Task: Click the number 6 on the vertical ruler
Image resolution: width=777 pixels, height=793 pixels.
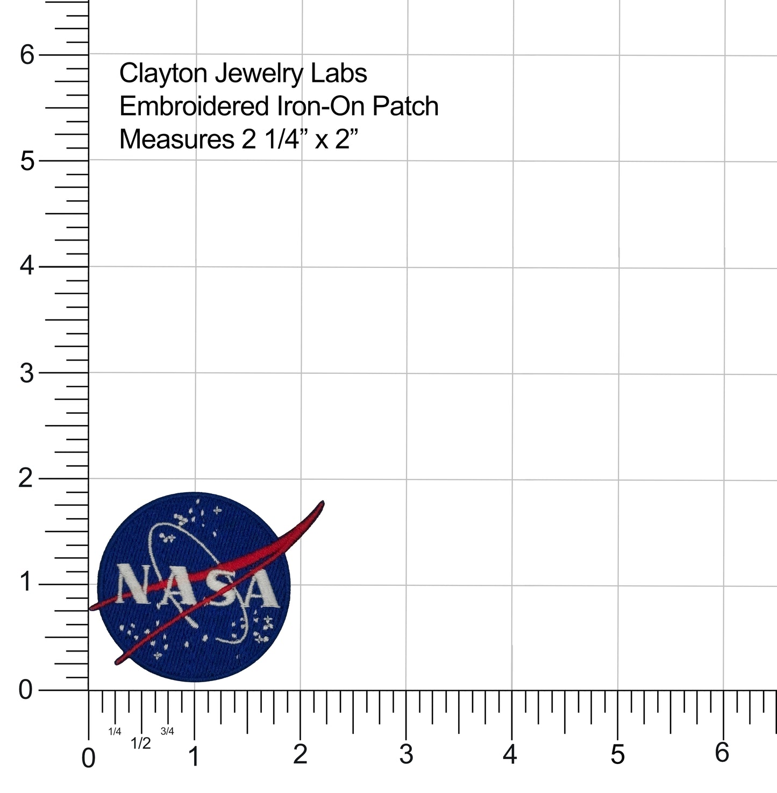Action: (x=27, y=54)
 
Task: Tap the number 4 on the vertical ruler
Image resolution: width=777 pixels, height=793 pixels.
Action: (x=27, y=266)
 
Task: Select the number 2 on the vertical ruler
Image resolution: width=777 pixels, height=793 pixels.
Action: (x=26, y=478)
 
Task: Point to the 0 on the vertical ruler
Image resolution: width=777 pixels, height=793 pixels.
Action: (x=26, y=690)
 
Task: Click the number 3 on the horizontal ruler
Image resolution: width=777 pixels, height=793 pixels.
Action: (x=406, y=755)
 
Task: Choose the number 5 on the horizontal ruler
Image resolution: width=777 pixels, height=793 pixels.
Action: (x=618, y=755)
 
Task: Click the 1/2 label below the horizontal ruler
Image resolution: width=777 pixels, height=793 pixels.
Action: (x=141, y=744)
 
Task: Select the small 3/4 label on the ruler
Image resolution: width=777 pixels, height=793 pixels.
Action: (x=167, y=731)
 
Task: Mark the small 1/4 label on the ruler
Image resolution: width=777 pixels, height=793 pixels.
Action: (x=115, y=731)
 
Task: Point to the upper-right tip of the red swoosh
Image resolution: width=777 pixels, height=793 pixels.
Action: (x=322, y=502)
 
